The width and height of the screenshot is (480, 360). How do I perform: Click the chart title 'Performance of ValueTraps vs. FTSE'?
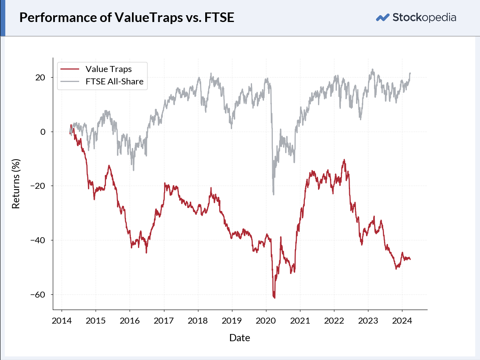(x=127, y=18)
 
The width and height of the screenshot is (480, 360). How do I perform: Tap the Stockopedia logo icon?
(x=382, y=18)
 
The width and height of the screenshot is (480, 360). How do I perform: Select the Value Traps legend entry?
(x=96, y=69)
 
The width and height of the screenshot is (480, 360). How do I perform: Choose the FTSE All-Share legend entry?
(x=102, y=82)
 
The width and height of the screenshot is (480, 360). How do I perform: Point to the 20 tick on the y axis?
(x=40, y=77)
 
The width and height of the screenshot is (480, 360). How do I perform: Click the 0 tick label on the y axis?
(x=43, y=132)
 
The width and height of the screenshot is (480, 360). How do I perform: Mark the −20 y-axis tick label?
(x=38, y=186)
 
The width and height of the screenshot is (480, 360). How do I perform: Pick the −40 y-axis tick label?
(x=38, y=240)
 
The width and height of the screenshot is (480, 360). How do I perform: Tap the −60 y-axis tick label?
(x=38, y=294)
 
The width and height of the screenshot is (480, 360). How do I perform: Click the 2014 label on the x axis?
(x=62, y=321)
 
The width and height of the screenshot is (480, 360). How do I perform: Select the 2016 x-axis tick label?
(x=130, y=321)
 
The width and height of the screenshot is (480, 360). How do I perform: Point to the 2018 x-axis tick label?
(x=198, y=321)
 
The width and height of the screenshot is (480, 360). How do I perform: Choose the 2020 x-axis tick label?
(x=266, y=321)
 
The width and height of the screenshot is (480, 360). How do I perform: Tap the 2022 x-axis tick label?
(x=334, y=321)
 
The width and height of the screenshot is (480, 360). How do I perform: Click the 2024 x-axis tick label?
(x=402, y=321)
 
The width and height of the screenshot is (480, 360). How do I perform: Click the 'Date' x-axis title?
(x=240, y=338)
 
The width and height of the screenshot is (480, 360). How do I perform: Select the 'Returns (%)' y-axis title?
(x=16, y=184)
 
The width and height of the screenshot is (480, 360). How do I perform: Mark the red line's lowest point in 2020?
(x=274, y=298)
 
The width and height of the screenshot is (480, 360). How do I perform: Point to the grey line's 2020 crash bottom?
(x=274, y=194)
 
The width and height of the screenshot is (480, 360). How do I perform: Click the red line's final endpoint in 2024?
(x=410, y=260)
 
